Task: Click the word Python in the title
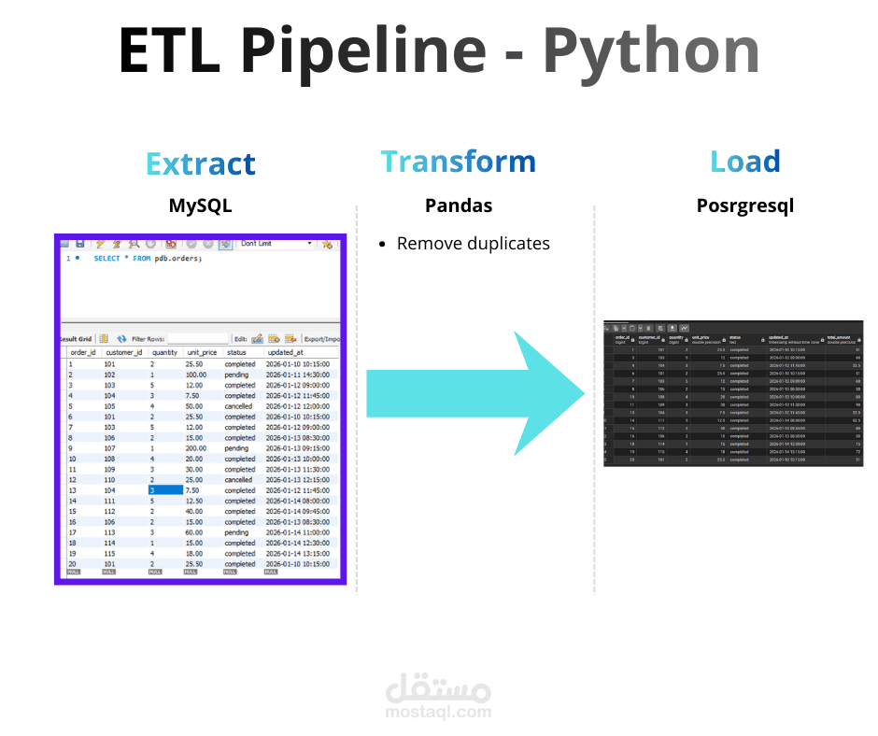[x=650, y=51]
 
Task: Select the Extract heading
[x=200, y=164]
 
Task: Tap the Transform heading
[x=458, y=162]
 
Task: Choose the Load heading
[x=744, y=162]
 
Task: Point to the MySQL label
[x=200, y=205]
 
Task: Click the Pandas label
[x=458, y=205]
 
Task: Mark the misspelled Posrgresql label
[x=744, y=205]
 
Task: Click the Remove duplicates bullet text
[x=473, y=244]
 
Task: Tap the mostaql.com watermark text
[x=438, y=712]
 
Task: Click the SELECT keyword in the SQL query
[x=106, y=259]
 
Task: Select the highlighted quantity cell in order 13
[x=164, y=490]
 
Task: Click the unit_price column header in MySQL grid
[x=203, y=352]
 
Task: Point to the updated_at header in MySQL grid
[x=284, y=352]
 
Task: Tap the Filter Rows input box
[x=197, y=338]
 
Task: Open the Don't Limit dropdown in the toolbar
[x=276, y=244]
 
